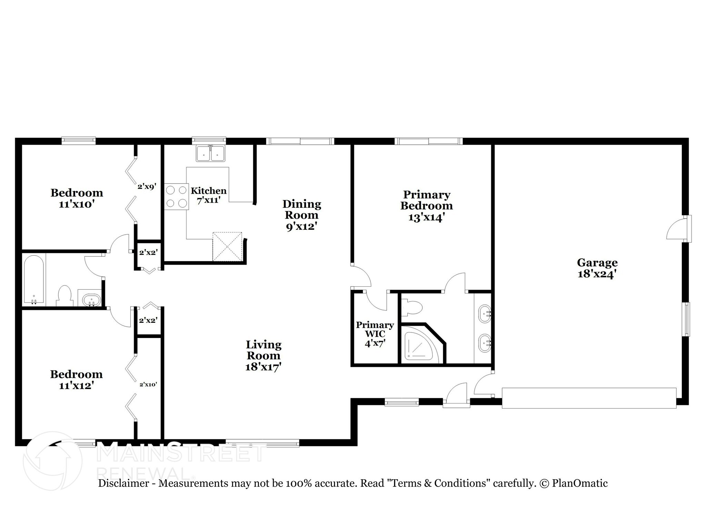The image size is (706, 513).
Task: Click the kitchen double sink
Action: tap(210, 153)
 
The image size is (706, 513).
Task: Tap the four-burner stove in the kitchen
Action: tap(176, 197)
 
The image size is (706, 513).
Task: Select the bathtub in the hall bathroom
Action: tap(34, 279)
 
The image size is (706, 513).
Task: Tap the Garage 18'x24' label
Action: tap(597, 268)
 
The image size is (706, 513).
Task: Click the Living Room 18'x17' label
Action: tap(263, 356)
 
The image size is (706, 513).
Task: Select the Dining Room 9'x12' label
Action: tap(302, 215)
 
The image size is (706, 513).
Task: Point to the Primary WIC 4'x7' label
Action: tap(375, 334)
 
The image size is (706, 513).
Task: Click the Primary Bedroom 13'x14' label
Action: tap(426, 206)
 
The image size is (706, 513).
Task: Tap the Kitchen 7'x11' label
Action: tap(209, 195)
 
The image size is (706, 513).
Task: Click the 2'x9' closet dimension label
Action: tap(147, 187)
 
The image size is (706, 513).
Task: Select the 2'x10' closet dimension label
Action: tap(148, 384)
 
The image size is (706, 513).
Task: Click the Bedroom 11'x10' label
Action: tap(77, 198)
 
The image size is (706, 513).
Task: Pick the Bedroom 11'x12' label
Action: tap(76, 380)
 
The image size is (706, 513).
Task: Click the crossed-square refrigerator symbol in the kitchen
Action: tap(228, 247)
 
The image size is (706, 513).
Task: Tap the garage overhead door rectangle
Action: tap(589, 398)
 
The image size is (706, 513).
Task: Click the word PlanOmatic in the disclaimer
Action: tap(580, 483)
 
